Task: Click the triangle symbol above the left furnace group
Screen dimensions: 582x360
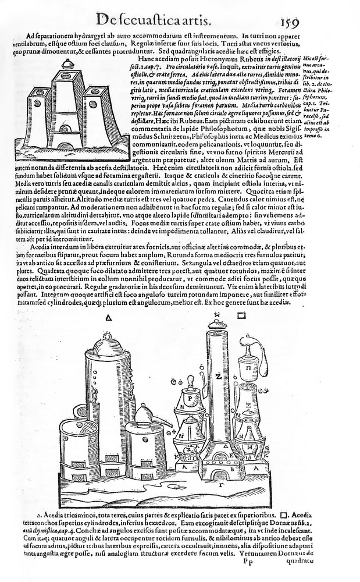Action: [109, 318]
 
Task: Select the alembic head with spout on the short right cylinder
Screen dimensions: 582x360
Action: [143, 414]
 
